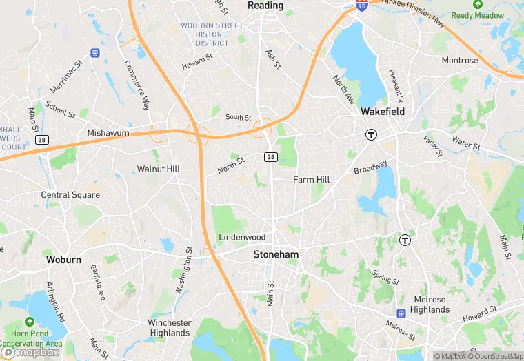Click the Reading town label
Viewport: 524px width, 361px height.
click(x=265, y=6)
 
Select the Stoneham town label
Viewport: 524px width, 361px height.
click(x=276, y=254)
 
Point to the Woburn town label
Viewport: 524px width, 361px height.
click(x=63, y=260)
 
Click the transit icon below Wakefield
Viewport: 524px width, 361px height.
click(x=372, y=134)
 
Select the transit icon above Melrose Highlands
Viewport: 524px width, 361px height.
click(x=405, y=240)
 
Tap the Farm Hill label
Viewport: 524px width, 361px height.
click(x=312, y=180)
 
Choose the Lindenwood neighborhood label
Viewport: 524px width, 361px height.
click(x=242, y=237)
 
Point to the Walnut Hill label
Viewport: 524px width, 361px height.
click(x=158, y=169)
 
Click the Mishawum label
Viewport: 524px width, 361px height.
click(x=108, y=133)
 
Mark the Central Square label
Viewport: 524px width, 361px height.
click(x=70, y=195)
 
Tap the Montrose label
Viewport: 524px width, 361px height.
click(x=460, y=61)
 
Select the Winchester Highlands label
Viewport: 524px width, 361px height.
click(x=169, y=328)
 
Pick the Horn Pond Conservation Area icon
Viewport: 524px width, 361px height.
click(x=29, y=322)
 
